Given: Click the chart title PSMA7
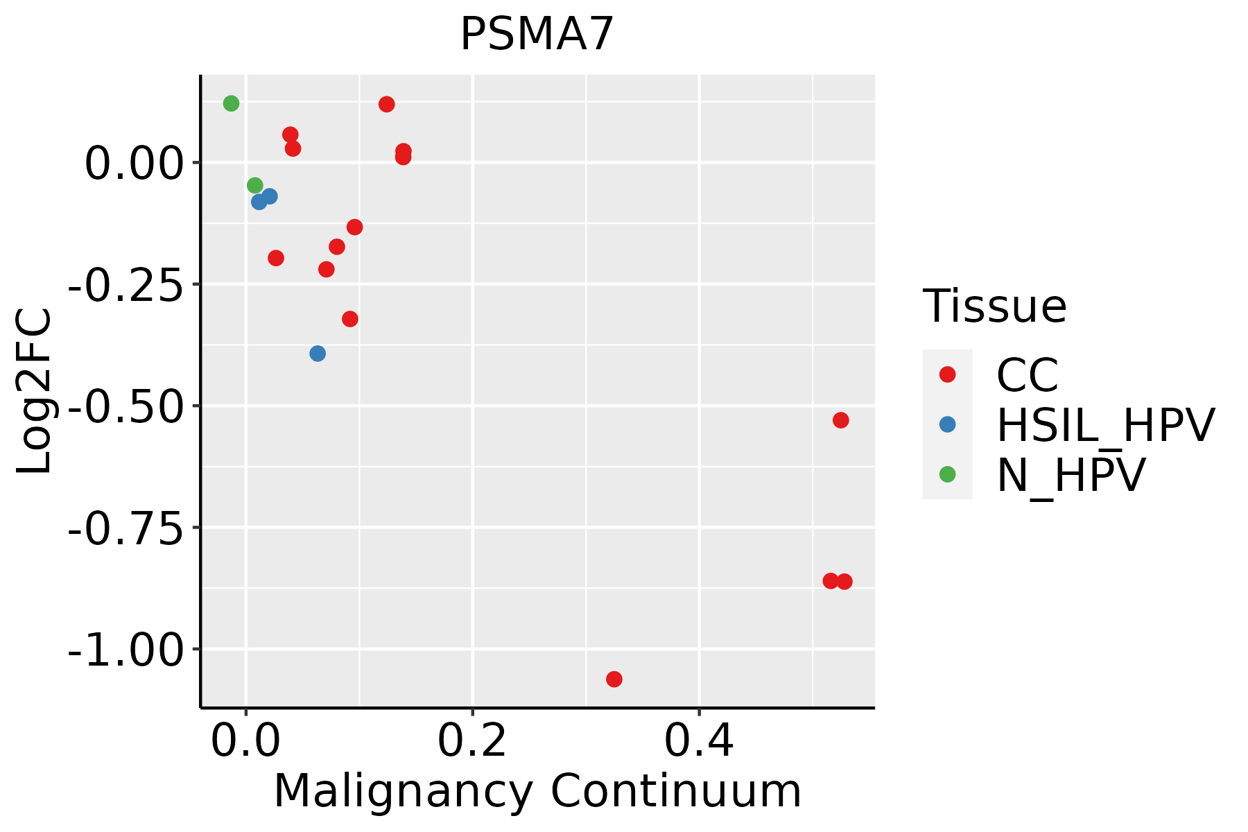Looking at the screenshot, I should pyautogui.click(x=537, y=35).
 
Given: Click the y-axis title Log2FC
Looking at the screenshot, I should pyautogui.click(x=35, y=391).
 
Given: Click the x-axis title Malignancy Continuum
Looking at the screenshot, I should pyautogui.click(x=537, y=792).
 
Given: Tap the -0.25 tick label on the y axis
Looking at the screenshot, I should pyautogui.click(x=125, y=285).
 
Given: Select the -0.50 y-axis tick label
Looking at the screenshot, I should pyautogui.click(x=125, y=406).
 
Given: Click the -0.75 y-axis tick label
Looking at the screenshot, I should pyautogui.click(x=125, y=528).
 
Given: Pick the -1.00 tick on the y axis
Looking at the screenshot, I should pyautogui.click(x=125, y=650).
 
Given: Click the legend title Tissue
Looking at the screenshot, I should pyautogui.click(x=994, y=306).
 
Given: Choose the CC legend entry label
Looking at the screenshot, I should pyautogui.click(x=1028, y=375).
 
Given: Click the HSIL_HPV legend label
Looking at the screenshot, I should pyautogui.click(x=1105, y=425).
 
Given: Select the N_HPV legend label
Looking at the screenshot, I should pyautogui.click(x=1071, y=475).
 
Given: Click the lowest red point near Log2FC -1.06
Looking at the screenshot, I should pyautogui.click(x=614, y=679).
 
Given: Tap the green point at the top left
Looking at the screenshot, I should pyautogui.click(x=232, y=103).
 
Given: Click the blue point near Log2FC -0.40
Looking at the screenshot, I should pyautogui.click(x=318, y=354).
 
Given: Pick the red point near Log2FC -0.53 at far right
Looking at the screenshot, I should pyautogui.click(x=841, y=420).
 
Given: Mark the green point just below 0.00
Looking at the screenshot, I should pyautogui.click(x=255, y=185).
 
